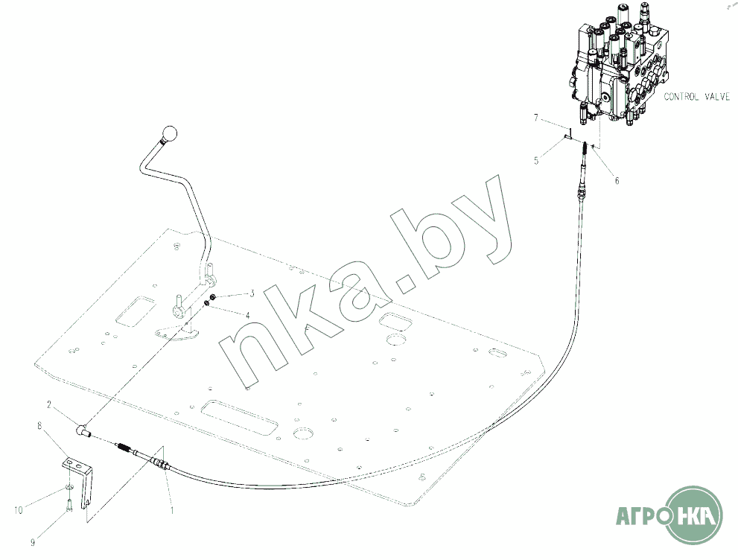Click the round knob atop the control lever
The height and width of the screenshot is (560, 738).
pyautogui.click(x=171, y=136)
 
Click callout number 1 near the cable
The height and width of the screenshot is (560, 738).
pyautogui.click(x=171, y=512)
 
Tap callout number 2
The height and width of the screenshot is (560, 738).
pyautogui.click(x=49, y=406)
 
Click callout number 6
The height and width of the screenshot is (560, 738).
pyautogui.click(x=616, y=179)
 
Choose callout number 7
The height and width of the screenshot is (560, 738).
pyautogui.click(x=535, y=118)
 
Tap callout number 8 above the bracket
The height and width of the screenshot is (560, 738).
pyautogui.click(x=39, y=426)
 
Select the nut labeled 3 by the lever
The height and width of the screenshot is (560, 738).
pyautogui.click(x=213, y=297)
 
